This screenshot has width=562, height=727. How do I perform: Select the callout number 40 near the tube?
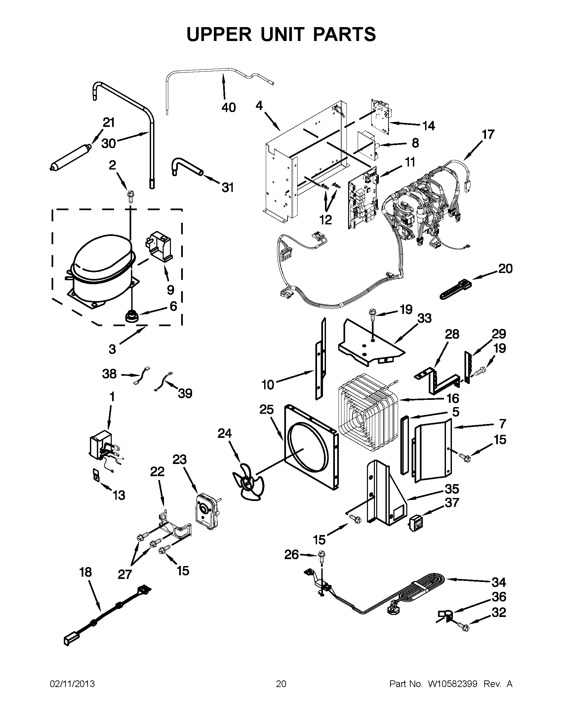coord(228,107)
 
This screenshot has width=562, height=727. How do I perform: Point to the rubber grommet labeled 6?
coord(132,316)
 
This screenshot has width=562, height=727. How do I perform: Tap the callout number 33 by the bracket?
coord(424,318)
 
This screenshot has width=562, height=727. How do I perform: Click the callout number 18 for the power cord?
coord(85,572)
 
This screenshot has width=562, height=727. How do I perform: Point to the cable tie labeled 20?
coord(456,289)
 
